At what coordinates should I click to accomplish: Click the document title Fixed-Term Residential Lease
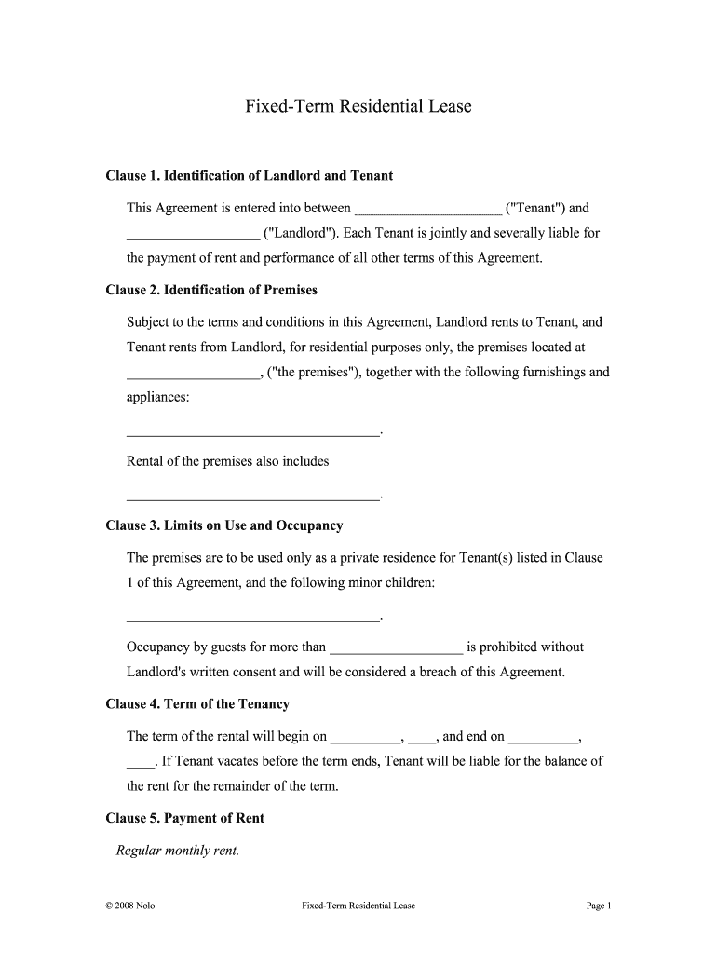pos(358,107)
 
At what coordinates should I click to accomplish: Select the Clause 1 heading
pos(250,176)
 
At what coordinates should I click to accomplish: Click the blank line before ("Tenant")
pos(428,210)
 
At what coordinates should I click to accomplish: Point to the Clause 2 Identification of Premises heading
pos(211,291)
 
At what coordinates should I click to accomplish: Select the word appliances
pos(157,398)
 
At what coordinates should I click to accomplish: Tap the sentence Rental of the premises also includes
pos(227,462)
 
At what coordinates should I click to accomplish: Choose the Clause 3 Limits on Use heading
pos(224,526)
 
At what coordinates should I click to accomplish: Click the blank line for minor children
pos(253,618)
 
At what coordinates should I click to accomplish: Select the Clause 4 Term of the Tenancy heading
pos(197,705)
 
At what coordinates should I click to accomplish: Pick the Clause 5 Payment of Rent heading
pos(185,819)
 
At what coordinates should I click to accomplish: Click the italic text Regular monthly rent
pos(178,851)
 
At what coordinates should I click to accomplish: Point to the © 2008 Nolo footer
pos(131,906)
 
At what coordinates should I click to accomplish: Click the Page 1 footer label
pos(597,906)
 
